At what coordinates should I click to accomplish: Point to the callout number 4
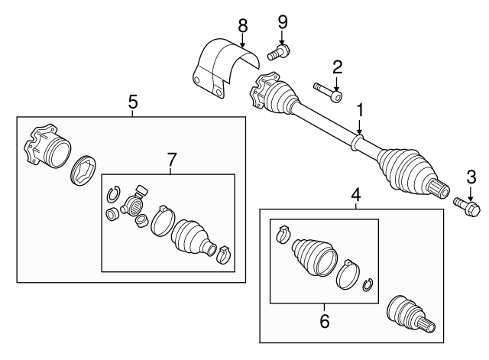[x=355, y=196]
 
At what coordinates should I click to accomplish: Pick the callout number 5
[x=132, y=100]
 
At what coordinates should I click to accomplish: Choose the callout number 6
[x=325, y=322]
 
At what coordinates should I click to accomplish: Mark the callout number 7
[x=171, y=160]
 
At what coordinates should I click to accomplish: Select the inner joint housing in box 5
[x=47, y=148]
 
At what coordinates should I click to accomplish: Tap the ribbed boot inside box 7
[x=193, y=237]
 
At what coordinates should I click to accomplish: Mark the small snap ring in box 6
[x=368, y=284]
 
